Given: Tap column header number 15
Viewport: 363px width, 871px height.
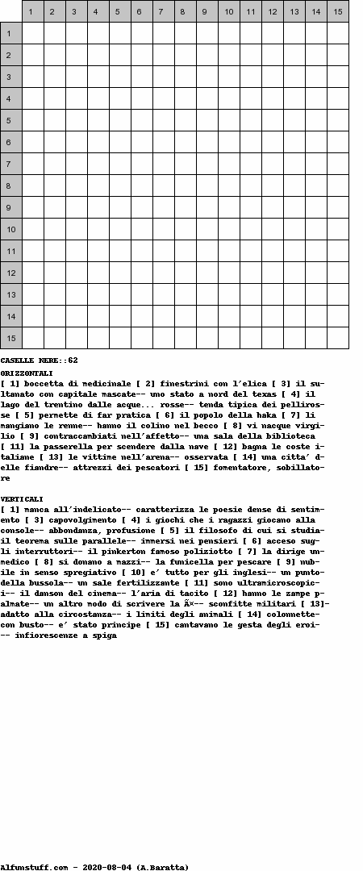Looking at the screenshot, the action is tap(337, 11).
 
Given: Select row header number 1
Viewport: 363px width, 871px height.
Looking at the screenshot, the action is tap(10, 33).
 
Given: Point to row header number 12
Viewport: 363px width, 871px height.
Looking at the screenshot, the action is tap(10, 273).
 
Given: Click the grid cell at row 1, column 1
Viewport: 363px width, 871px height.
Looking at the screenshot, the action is tap(32, 33).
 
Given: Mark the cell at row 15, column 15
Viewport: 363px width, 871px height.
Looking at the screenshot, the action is tap(337, 338).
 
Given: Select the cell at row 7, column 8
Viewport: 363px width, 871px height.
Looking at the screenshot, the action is tap(185, 164).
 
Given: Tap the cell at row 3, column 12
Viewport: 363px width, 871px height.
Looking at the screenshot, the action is tap(272, 77).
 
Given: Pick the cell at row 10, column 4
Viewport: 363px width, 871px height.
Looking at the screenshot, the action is tap(98, 229).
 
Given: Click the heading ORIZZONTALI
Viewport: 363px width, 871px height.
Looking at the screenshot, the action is tap(27, 373).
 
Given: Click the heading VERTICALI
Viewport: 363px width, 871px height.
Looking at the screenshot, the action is tap(22, 499).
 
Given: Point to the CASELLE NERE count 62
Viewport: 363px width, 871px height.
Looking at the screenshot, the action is tap(73, 360).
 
